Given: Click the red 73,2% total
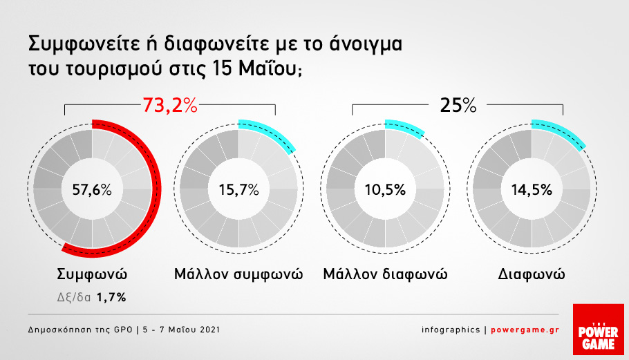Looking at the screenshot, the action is pos(170,106).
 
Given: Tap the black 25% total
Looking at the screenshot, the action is pos(458,106).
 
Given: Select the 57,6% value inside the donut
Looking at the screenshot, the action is pos(92,189).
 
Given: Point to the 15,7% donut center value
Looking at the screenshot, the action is pos(238,189).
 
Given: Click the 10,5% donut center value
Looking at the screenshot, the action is pos(385,189).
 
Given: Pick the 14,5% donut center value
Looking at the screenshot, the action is pos(532,189).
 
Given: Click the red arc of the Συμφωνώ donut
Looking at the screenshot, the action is pos(157,189).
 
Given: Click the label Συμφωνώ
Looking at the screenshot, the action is pos(92,274).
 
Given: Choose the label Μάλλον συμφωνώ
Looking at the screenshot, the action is pos(238,274).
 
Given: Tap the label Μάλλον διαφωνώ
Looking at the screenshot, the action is pos(385,274).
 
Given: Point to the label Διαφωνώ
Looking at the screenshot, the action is pos(532,274).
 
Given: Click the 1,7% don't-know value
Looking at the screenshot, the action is pos(111,297).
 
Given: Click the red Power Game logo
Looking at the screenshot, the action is pos(598,329).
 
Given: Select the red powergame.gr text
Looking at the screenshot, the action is pos(525,330).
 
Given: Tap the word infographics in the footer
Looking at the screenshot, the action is pos(451,330).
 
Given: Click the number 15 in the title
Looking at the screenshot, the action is pos(221,68).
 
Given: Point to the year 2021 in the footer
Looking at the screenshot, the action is pos(209,330).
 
